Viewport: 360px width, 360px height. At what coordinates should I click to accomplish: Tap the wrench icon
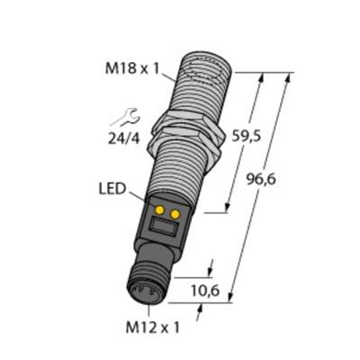pos(123,115)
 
